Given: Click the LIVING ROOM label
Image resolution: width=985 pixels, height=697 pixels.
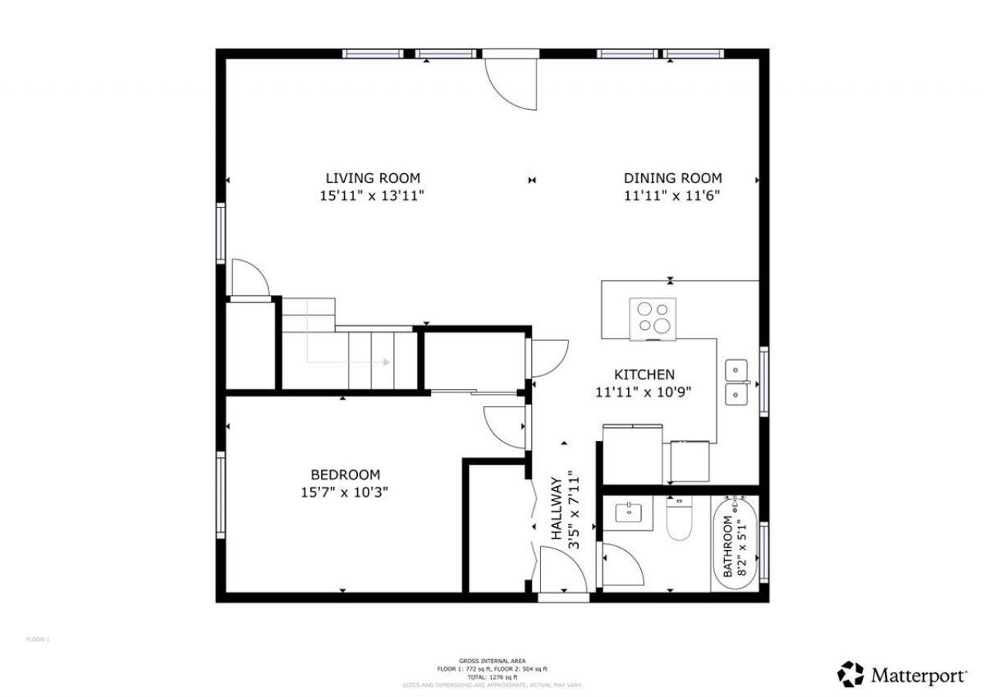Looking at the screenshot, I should click(x=372, y=178).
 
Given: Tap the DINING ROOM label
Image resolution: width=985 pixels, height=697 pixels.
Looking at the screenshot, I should click(x=673, y=178).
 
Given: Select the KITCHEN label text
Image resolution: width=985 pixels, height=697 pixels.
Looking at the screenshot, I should click(x=644, y=375).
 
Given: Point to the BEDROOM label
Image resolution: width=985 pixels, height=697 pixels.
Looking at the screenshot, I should click(x=345, y=475).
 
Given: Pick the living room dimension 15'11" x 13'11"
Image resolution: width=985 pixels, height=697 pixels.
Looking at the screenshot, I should click(x=372, y=195).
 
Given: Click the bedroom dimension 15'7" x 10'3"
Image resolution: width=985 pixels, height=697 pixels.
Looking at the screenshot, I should click(x=345, y=492).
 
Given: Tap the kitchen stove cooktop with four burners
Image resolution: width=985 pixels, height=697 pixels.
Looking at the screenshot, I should click(x=653, y=318).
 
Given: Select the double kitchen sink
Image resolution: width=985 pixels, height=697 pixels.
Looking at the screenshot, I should click(x=737, y=382).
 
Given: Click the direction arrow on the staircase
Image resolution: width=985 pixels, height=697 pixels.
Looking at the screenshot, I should click(x=383, y=362).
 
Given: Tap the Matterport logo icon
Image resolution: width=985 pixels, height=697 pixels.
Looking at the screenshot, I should click(x=850, y=675).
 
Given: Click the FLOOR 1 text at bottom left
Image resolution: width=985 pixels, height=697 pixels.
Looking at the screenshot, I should click(x=38, y=639).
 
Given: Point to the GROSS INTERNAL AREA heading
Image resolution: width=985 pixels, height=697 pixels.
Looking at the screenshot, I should click(x=492, y=661).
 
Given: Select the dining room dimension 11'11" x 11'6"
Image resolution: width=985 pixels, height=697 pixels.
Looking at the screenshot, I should click(x=673, y=195).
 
